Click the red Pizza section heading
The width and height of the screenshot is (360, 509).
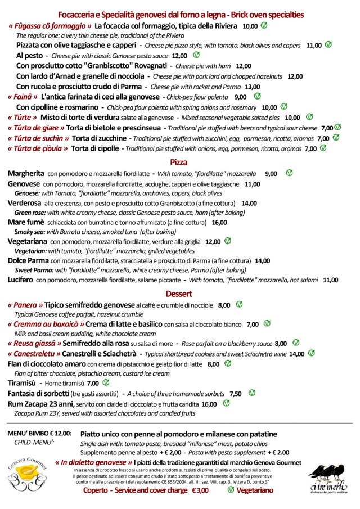(x=178, y=163)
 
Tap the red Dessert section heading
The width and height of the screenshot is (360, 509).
(x=179, y=294)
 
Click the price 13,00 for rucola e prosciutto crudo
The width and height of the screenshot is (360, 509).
(x=252, y=87)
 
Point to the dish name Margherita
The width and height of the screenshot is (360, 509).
(x=26, y=174)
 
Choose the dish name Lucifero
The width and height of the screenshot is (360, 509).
(x=20, y=280)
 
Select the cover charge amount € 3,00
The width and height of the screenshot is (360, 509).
(x=200, y=490)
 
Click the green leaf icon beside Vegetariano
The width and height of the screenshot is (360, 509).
(x=231, y=490)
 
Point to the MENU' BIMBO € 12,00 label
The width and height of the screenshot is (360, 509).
(x=39, y=434)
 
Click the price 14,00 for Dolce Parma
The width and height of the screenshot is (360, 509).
(x=263, y=261)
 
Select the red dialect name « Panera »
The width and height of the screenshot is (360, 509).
(x=25, y=305)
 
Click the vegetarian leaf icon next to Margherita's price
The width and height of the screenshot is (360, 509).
(x=289, y=173)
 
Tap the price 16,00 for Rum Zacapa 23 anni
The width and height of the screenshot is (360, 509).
(x=209, y=404)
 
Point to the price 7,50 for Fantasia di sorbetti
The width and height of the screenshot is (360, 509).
(x=236, y=394)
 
